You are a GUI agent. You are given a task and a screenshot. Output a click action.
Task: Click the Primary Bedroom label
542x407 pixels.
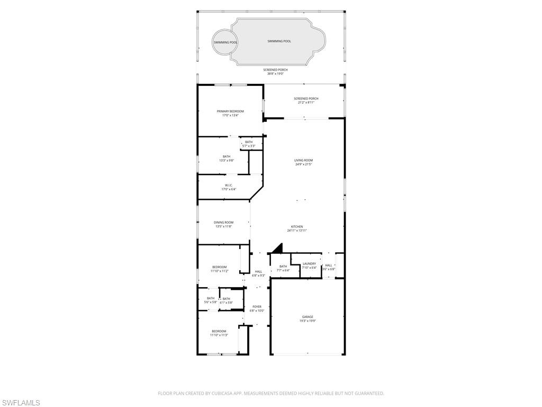tap(230, 111)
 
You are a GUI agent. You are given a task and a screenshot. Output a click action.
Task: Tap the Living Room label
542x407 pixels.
tap(304, 160)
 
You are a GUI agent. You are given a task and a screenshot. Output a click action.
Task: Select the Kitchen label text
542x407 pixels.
tap(297, 227)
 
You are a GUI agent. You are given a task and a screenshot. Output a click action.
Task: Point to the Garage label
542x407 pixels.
tap(308, 317)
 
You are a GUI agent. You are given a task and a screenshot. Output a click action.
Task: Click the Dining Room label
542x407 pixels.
tap(223, 223)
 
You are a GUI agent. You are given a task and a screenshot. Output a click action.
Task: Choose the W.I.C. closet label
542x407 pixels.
tap(229, 185)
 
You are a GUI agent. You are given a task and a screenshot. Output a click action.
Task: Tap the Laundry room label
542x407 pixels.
tap(309, 263)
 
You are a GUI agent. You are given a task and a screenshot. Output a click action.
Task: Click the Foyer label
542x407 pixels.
tap(257, 306)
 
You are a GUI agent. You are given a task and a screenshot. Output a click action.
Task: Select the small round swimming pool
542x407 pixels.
tap(225, 42)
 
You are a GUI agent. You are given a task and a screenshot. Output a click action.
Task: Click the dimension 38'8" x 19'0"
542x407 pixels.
tap(275, 74)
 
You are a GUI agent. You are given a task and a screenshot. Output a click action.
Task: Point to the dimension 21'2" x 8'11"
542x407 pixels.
tap(306, 102)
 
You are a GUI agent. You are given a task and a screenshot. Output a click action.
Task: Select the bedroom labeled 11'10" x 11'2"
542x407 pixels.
tap(219, 269)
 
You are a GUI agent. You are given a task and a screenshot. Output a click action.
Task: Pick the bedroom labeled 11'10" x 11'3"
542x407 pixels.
tap(219, 333)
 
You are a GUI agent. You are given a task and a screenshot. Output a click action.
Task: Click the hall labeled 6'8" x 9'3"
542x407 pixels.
tap(258, 273)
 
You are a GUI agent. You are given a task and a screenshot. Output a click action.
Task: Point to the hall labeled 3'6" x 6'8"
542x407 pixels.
tap(329, 267)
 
